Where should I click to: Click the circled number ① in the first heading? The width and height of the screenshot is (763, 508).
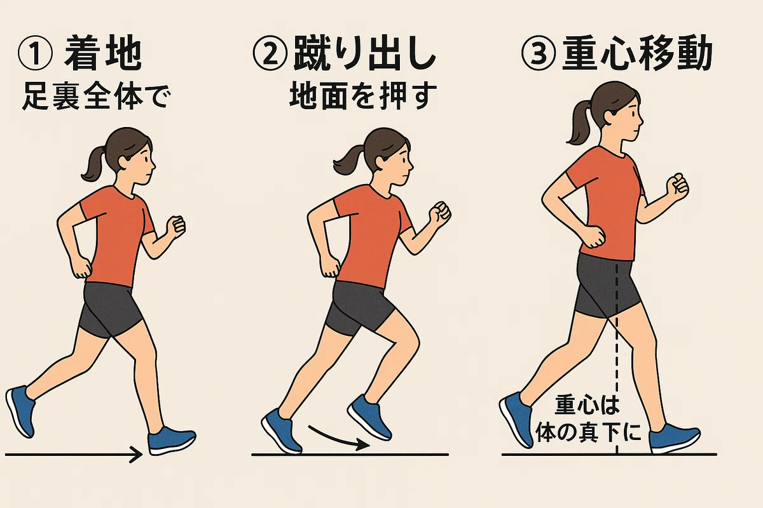click(x=36, y=54)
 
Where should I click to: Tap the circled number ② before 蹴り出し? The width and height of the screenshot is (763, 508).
click(x=270, y=55)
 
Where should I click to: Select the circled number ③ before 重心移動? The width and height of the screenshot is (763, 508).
click(x=539, y=54)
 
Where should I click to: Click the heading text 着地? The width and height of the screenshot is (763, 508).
click(x=103, y=54)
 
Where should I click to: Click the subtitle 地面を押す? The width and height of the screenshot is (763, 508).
click(x=363, y=97)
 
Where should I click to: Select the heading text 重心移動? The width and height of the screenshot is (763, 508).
click(x=636, y=54)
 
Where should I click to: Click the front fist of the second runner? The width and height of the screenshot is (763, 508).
click(x=440, y=215)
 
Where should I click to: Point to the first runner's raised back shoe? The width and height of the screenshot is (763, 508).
click(x=20, y=411)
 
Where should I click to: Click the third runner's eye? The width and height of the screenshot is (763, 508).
click(x=632, y=114)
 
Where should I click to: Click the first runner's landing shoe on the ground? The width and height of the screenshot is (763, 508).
click(x=172, y=440)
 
